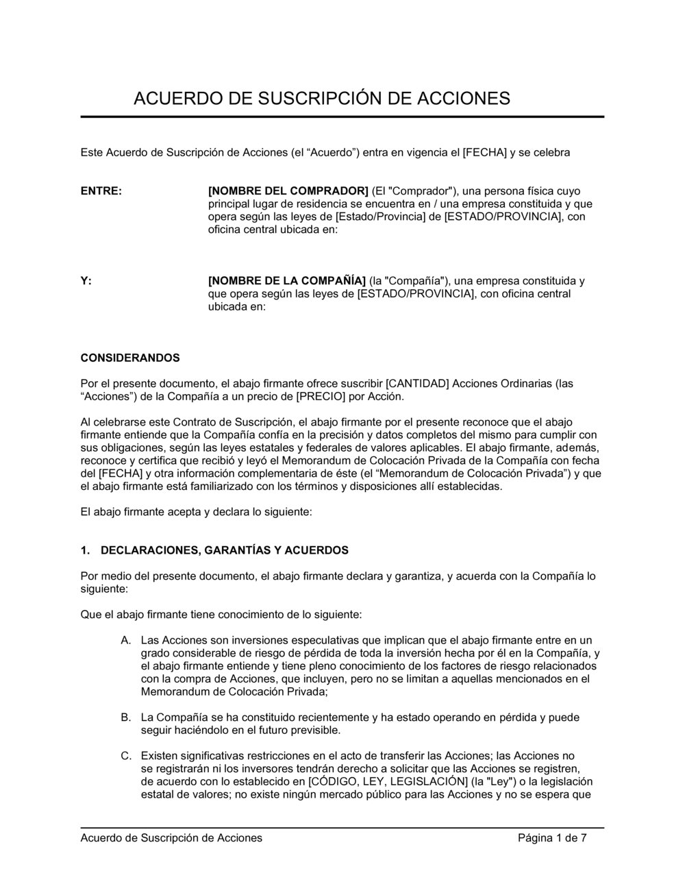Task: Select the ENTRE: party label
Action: tap(101, 191)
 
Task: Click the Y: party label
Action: tap(86, 281)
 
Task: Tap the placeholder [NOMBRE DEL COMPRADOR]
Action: tap(288, 191)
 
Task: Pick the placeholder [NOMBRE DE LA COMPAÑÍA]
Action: tap(287, 281)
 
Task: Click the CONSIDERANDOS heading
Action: tap(130, 358)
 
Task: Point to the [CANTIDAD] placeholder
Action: tap(418, 383)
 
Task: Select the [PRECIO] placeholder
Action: tap(321, 396)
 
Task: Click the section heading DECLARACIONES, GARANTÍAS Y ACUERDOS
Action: tap(225, 550)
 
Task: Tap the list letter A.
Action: tap(126, 640)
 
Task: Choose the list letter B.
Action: tap(126, 717)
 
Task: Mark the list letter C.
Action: tap(126, 756)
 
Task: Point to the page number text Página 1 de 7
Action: tap(552, 837)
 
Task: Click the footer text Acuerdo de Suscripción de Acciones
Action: tap(171, 837)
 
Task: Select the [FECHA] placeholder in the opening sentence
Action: tap(485, 152)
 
